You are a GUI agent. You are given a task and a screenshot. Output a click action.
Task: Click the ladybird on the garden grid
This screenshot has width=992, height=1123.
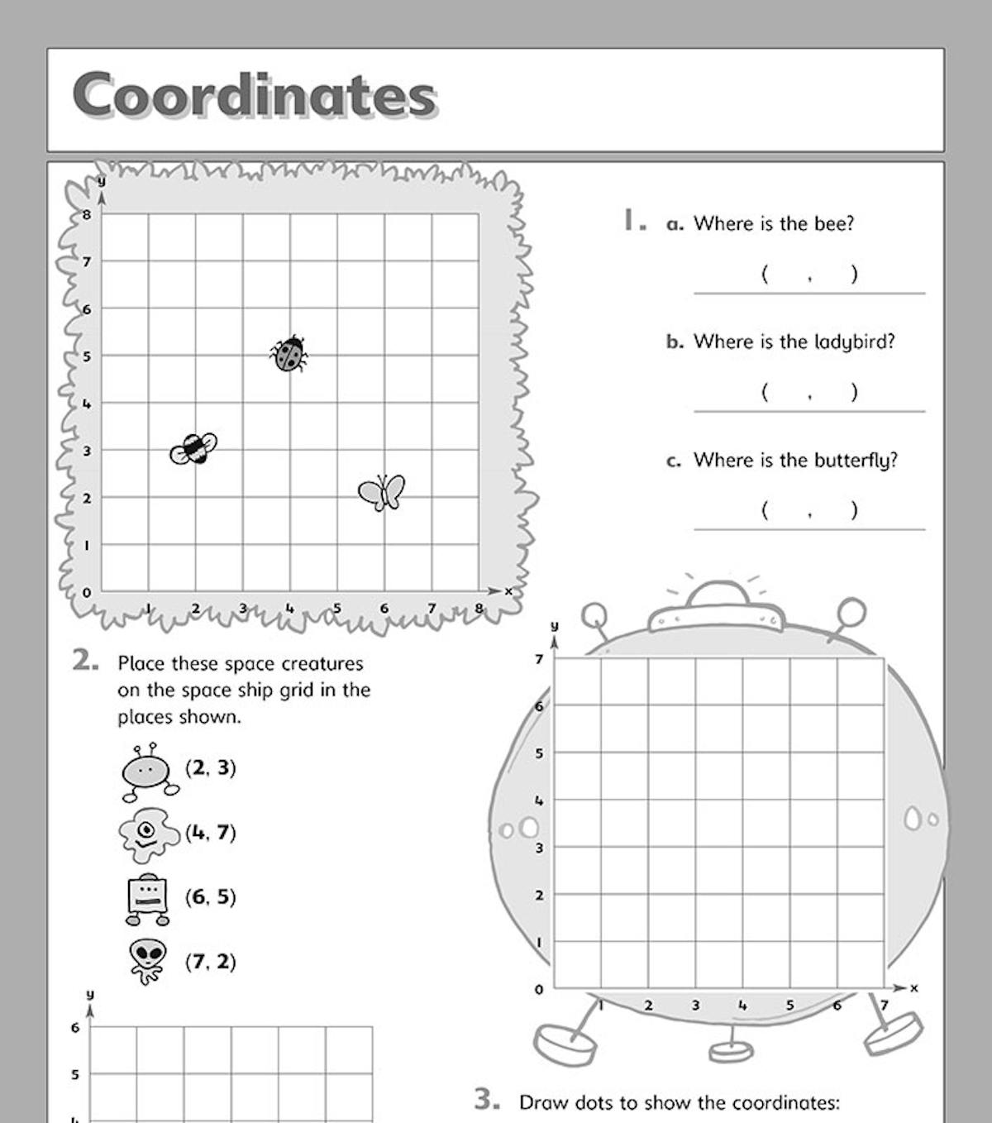point(289,354)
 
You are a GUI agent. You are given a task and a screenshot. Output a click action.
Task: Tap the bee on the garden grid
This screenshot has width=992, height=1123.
point(193,448)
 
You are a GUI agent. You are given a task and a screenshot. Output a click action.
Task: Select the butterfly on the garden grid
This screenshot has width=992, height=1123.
point(382,492)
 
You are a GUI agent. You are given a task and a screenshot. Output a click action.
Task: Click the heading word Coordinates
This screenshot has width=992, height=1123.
point(254,95)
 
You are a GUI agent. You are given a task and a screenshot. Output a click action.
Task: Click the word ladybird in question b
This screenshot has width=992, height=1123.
point(854,342)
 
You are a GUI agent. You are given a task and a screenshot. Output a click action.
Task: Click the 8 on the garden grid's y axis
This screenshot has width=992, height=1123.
point(86,214)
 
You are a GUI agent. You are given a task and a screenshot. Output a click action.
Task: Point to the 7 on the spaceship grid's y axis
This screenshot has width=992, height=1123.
point(539,659)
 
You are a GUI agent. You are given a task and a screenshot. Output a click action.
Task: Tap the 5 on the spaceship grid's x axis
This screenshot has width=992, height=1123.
point(789,1006)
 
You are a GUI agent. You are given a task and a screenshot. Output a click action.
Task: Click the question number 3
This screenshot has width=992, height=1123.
point(486,1099)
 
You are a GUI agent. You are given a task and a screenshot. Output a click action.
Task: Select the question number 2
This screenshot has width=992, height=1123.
point(85,661)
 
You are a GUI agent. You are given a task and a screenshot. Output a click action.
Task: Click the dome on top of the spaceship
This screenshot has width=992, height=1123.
point(717,595)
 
